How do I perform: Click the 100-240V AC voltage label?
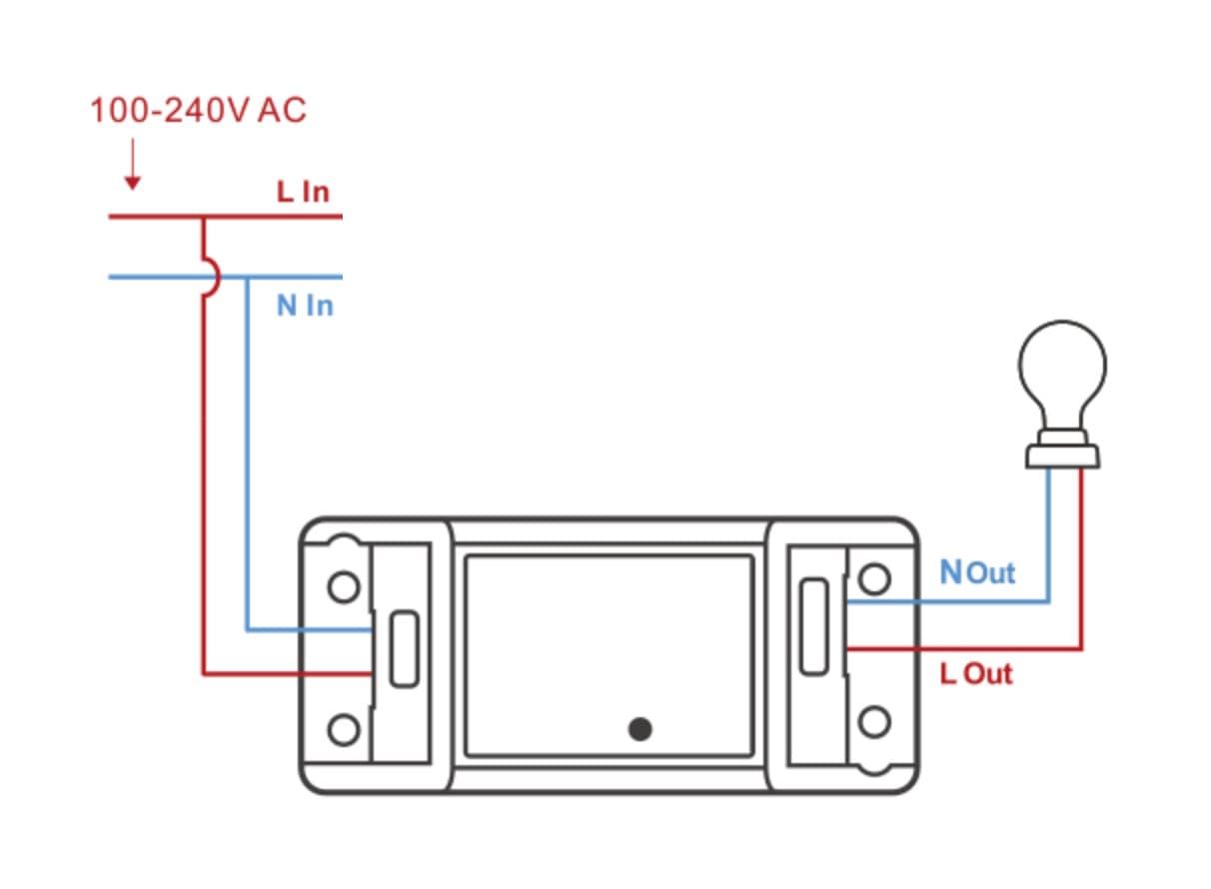point(198,110)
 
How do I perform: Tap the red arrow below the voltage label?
point(131,166)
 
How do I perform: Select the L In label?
point(303,191)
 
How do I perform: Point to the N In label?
point(305,305)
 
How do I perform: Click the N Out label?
point(977,572)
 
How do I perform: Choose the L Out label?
point(976,673)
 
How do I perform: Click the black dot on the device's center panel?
point(640,729)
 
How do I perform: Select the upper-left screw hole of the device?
point(343,587)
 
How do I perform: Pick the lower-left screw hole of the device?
point(343,730)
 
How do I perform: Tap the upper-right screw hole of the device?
point(875,579)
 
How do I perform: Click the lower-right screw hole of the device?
point(875,722)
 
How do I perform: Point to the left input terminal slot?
point(404,649)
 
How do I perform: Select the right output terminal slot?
point(813,625)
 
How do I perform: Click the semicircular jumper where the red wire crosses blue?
point(209,277)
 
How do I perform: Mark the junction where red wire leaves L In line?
point(203,217)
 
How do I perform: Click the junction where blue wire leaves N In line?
point(247,278)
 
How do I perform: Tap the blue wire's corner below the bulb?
point(1048,601)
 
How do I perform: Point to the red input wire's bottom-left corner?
point(204,674)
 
